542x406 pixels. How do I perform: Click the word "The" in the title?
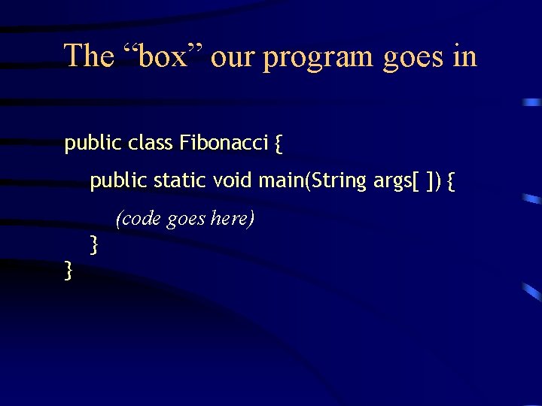point(88,56)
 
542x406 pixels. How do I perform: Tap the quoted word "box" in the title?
point(161,56)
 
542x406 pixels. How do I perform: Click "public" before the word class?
point(93,143)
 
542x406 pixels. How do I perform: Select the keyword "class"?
point(151,142)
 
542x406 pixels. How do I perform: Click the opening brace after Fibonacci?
point(279,144)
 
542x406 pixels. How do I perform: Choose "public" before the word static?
point(118,181)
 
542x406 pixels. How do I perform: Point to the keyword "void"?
point(233,180)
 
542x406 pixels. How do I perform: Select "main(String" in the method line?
point(312,181)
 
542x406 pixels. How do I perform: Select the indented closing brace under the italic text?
point(94,244)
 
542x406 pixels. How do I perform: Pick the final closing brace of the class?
point(69,269)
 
